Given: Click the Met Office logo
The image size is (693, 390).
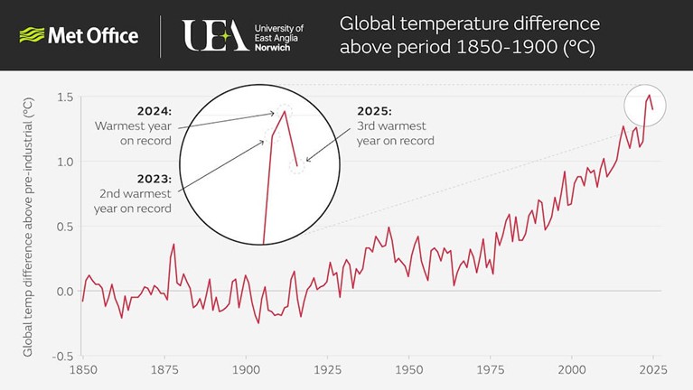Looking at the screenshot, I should pos(79,36).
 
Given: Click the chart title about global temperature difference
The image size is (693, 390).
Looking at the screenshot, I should pos(469,35).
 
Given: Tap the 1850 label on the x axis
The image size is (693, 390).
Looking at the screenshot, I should pos(83,371).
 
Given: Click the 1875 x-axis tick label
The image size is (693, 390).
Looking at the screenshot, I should pos(164,371).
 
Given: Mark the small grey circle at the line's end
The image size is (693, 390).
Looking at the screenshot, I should pos(644,105).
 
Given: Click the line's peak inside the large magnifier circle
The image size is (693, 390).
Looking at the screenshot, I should pos(285,111).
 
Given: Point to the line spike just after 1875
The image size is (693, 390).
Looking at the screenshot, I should pos(173,245).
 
